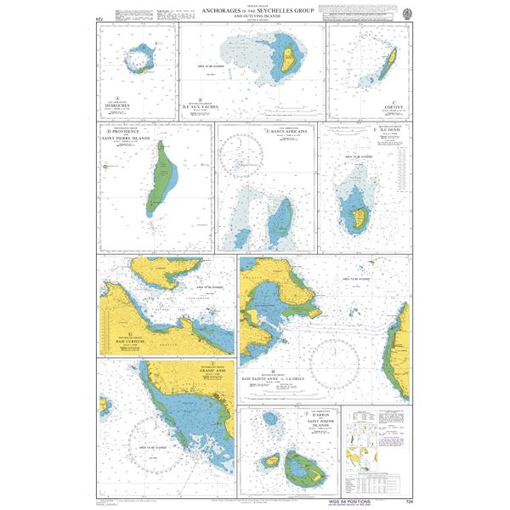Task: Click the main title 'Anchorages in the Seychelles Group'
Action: pyautogui.click(x=254, y=10)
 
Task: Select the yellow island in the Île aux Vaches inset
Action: pyautogui.click(x=288, y=59)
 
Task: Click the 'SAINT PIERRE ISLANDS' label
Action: pyautogui.click(x=125, y=139)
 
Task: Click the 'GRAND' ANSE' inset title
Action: pyautogui.click(x=189, y=371)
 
